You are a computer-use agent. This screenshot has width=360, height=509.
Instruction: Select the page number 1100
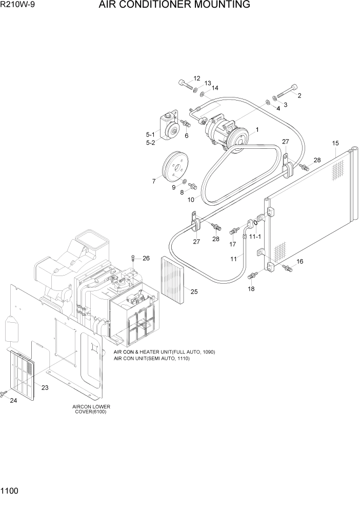click(x=10, y=491)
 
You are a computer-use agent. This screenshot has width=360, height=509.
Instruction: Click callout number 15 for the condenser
click(x=335, y=143)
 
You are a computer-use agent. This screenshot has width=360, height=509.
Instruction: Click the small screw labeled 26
click(x=133, y=258)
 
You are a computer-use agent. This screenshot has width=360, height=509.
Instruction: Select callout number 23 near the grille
click(x=45, y=387)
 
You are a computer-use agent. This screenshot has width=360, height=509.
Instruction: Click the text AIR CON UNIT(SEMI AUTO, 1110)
click(x=152, y=359)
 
